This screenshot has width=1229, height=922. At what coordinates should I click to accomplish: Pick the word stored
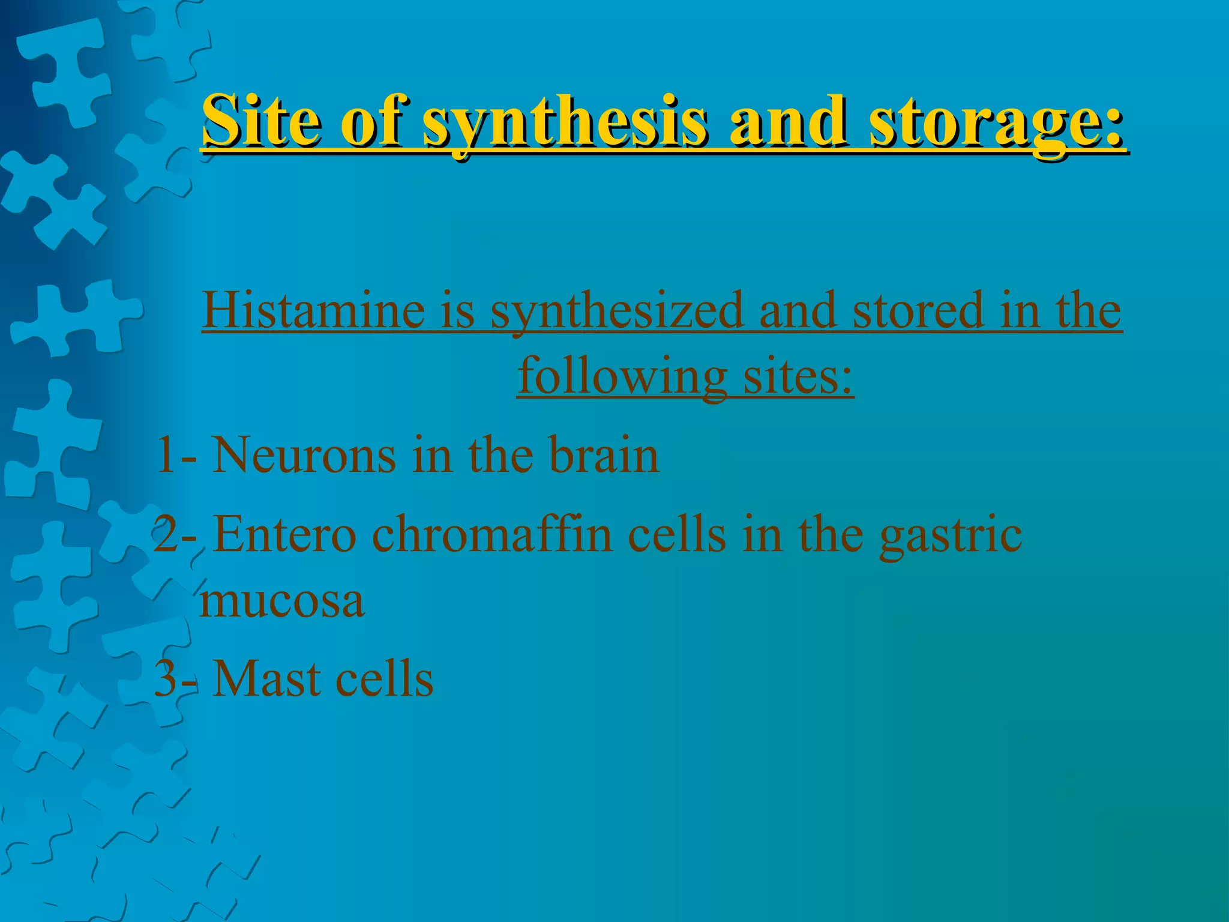[x=918, y=311]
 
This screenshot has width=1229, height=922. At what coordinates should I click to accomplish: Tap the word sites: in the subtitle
[x=798, y=377]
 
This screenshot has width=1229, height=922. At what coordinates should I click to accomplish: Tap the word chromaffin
[x=492, y=534]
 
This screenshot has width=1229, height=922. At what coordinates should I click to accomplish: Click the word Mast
[x=264, y=678]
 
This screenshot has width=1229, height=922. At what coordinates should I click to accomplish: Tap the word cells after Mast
[x=384, y=678]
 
